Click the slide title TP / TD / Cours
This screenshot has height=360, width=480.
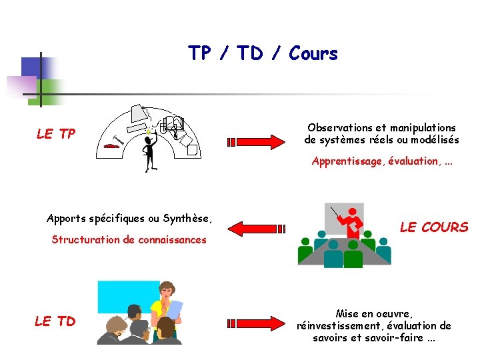[x=263, y=53]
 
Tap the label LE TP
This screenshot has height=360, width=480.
[x=56, y=134]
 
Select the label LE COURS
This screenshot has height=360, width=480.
[x=434, y=227]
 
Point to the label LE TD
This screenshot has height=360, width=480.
[x=55, y=321]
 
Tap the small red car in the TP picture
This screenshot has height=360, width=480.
[x=111, y=145]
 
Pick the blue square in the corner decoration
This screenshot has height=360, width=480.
[x=32, y=67]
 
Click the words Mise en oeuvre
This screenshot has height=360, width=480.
[x=374, y=313]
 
